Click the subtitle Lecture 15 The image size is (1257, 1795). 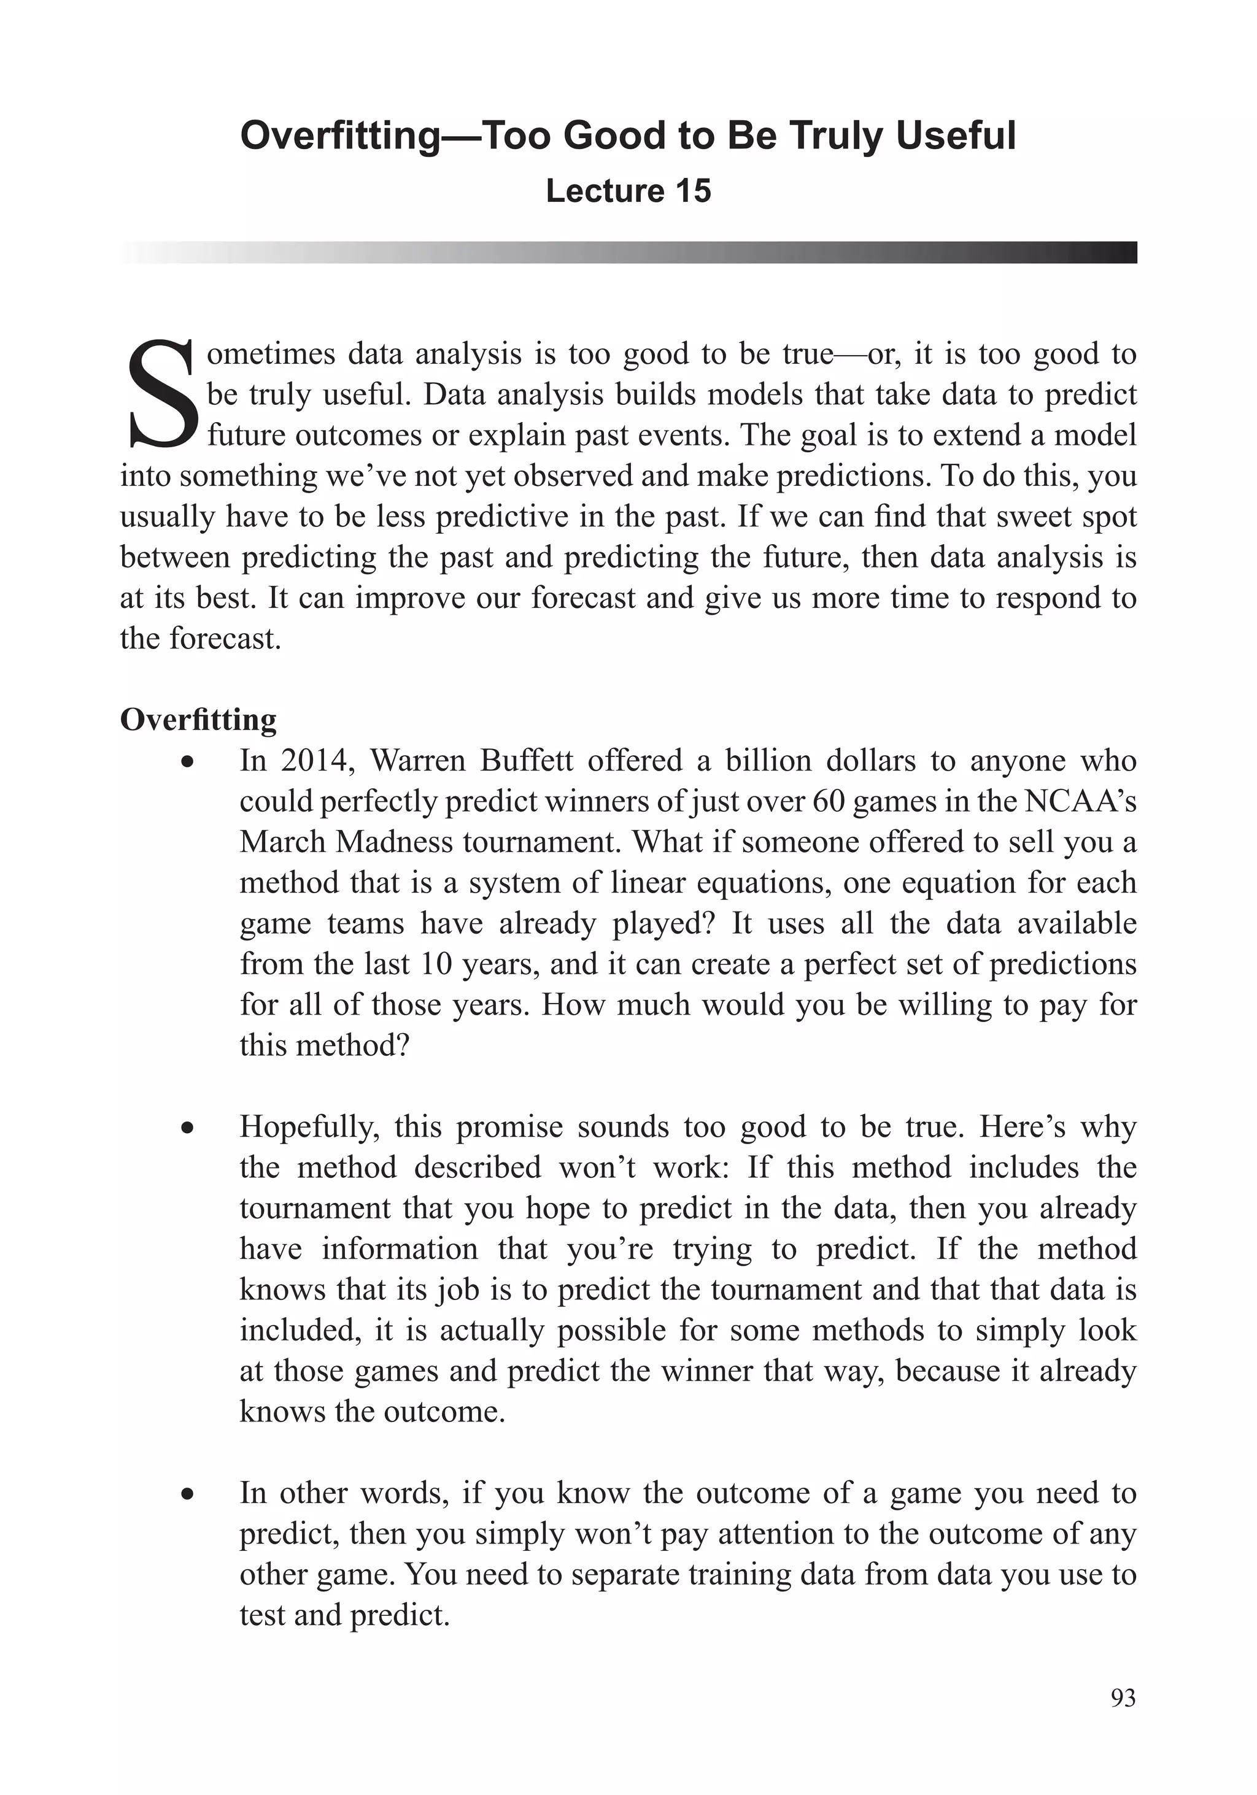click(628, 191)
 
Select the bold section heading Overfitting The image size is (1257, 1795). click(198, 719)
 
